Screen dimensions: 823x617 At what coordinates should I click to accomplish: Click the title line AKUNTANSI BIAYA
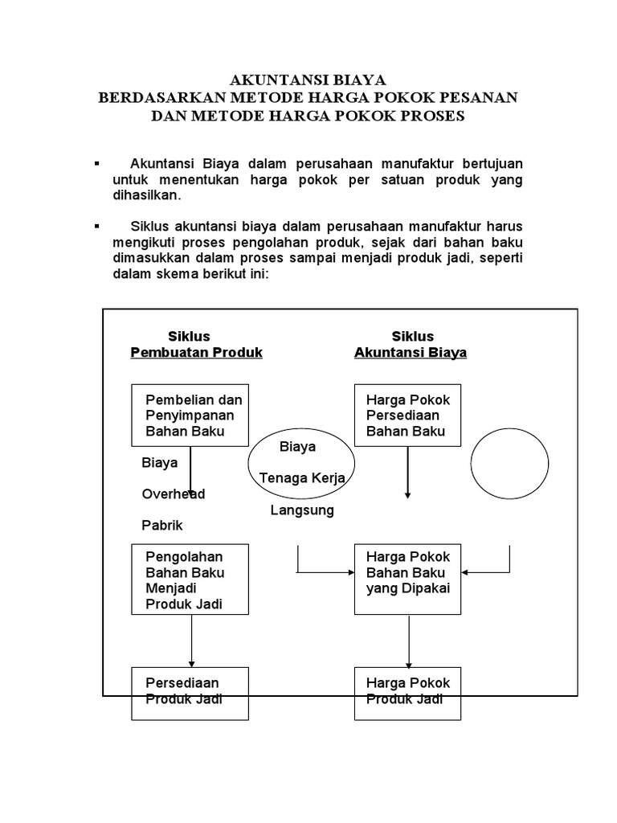click(308, 80)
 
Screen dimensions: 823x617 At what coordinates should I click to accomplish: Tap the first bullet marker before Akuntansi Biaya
click(97, 163)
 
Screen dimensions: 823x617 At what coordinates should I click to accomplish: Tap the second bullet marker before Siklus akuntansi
click(97, 226)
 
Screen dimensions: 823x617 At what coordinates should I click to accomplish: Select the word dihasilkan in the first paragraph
click(147, 195)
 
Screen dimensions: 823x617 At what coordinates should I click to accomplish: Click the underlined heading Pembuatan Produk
click(196, 353)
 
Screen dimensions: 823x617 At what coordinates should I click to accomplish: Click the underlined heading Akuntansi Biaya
click(411, 353)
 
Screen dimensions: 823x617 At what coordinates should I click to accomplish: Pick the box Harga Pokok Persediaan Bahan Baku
click(409, 416)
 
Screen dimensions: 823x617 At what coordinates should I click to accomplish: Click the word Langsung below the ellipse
click(302, 510)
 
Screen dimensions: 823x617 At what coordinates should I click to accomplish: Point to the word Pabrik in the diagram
click(163, 526)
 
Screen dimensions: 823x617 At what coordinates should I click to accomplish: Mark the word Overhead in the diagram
click(174, 494)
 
